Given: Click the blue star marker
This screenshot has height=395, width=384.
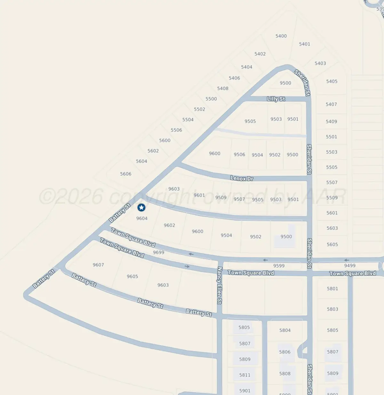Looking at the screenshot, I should [x=141, y=208].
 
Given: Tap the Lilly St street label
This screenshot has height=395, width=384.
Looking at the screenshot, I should [x=276, y=99].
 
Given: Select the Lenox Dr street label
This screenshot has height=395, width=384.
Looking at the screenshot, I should [x=242, y=178].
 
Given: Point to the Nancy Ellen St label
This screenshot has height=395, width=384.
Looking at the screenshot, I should [x=220, y=285].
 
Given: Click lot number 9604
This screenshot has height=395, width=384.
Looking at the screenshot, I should [x=142, y=218].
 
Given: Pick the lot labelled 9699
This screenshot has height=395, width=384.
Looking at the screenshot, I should [x=158, y=252].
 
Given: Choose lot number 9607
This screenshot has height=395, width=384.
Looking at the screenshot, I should [x=98, y=265].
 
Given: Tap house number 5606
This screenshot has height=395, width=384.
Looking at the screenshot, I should [x=126, y=174].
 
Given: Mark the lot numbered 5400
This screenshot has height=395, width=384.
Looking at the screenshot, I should [x=281, y=36].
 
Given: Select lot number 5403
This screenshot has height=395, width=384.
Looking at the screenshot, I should [x=320, y=63].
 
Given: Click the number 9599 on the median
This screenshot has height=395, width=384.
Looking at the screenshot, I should [x=279, y=266].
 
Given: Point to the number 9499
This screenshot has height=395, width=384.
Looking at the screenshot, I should [x=350, y=265].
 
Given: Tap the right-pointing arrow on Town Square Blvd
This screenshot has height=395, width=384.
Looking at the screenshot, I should [x=187, y=266].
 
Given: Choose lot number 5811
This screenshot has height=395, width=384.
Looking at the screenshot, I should [x=245, y=375].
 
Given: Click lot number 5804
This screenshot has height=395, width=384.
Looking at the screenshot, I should [x=285, y=330].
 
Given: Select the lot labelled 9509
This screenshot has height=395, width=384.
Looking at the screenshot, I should [x=221, y=198].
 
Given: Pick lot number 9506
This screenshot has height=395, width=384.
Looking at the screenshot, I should [x=239, y=154].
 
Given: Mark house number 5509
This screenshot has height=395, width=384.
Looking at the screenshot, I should [x=332, y=198].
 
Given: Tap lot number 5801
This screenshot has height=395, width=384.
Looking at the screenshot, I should [x=332, y=288].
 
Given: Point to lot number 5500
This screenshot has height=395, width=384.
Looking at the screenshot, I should [x=211, y=99].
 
